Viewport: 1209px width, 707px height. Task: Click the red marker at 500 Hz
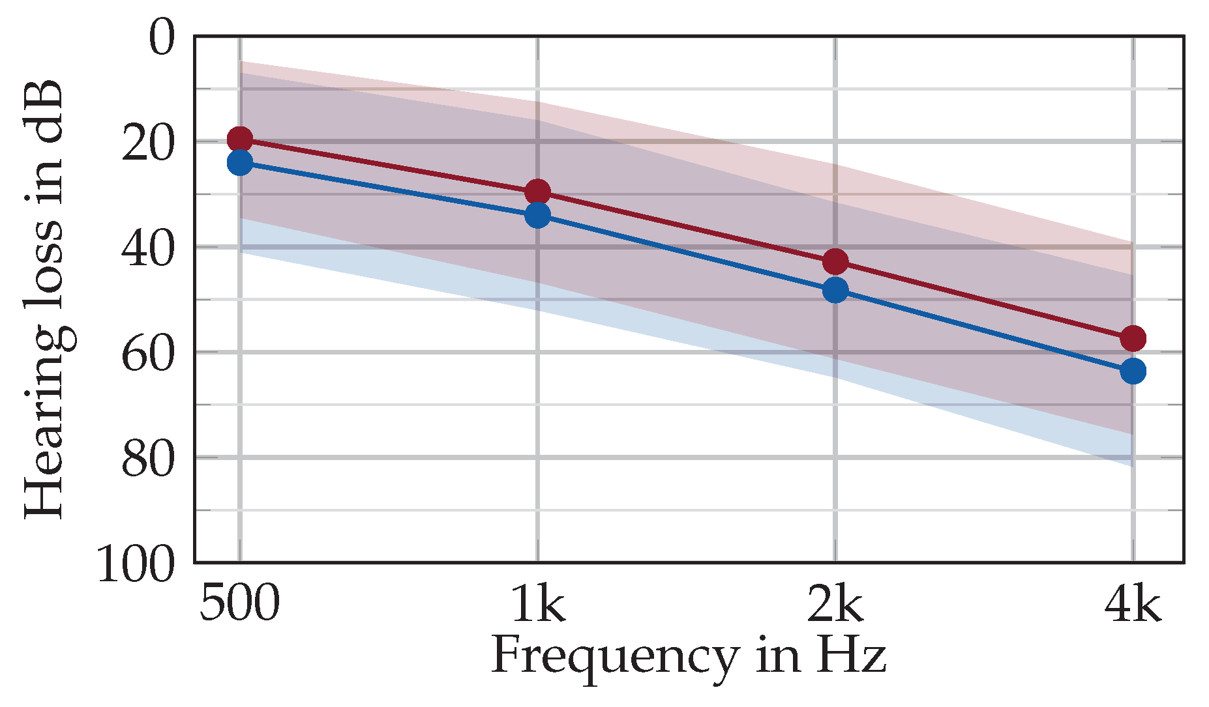pyautogui.click(x=240, y=139)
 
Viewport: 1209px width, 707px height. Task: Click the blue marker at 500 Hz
pyautogui.click(x=240, y=163)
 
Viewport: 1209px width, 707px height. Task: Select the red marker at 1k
pyautogui.click(x=537, y=192)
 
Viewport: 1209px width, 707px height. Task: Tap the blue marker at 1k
pyautogui.click(x=537, y=214)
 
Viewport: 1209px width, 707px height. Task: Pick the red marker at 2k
pyautogui.click(x=835, y=262)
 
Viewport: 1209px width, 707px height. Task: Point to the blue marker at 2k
pyautogui.click(x=835, y=290)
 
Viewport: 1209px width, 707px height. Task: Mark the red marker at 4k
pyautogui.click(x=1133, y=338)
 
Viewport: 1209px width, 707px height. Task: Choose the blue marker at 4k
pyautogui.click(x=1133, y=371)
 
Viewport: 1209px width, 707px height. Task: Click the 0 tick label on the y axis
pyautogui.click(x=162, y=39)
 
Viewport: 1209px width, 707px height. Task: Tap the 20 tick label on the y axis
pyautogui.click(x=149, y=143)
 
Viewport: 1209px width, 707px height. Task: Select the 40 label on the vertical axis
pyautogui.click(x=149, y=249)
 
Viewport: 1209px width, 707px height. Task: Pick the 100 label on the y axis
pyautogui.click(x=136, y=564)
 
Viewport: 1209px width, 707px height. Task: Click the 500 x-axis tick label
pyautogui.click(x=239, y=603)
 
